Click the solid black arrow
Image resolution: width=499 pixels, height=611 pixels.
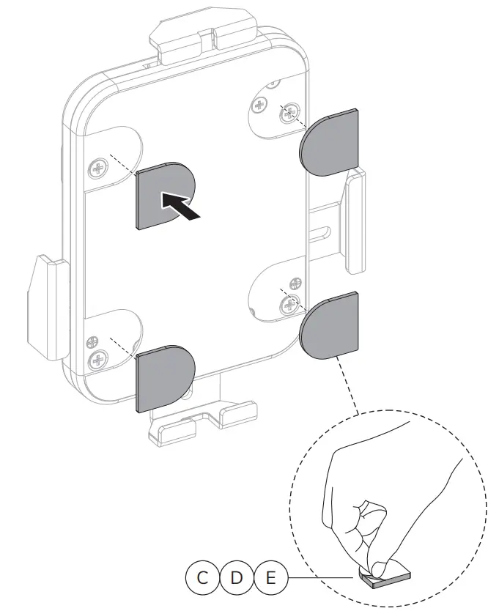[x=180, y=205]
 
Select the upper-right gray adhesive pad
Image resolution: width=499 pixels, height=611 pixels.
[x=330, y=143]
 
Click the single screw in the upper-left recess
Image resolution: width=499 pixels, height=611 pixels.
[x=97, y=170]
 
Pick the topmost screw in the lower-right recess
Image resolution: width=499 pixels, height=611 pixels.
[x=295, y=284]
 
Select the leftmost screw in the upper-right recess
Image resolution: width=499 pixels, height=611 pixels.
[x=259, y=104]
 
